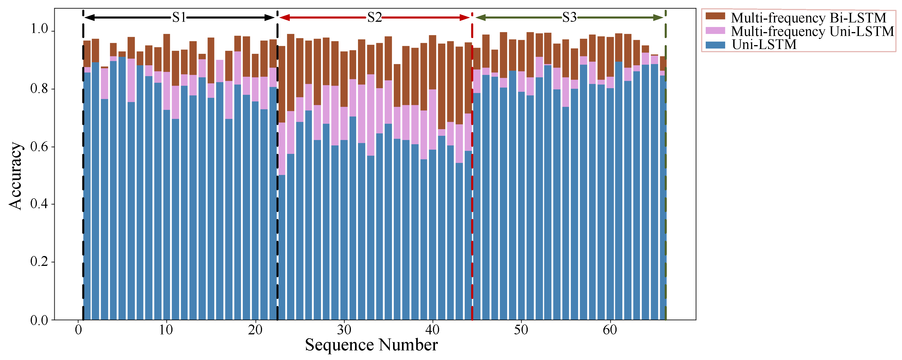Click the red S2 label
click(x=374, y=17)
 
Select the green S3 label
click(x=569, y=17)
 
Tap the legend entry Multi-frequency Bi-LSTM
click(x=808, y=17)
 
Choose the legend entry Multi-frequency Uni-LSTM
click(x=812, y=31)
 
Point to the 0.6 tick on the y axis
click(x=39, y=146)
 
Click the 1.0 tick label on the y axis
click(x=39, y=29)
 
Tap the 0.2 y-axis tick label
click(x=39, y=261)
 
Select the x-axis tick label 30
click(x=344, y=330)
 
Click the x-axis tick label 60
click(x=610, y=330)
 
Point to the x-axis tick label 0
click(x=78, y=330)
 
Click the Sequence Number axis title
click(x=371, y=345)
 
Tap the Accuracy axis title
click(x=16, y=176)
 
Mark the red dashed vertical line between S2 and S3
click(x=472, y=210)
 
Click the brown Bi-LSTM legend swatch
click(x=715, y=16)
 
